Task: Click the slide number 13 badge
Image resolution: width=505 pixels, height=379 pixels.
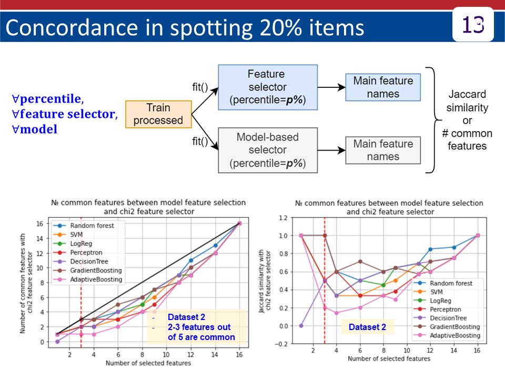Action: pyautogui.click(x=473, y=25)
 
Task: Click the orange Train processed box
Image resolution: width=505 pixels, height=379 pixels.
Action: pyautogui.click(x=158, y=114)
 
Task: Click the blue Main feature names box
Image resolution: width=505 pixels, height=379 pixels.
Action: pyautogui.click(x=383, y=87)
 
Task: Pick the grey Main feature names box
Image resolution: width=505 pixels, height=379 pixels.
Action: pyautogui.click(x=383, y=150)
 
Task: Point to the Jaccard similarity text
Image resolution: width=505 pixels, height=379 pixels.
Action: pyautogui.click(x=467, y=101)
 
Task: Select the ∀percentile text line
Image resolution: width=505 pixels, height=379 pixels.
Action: pyautogui.click(x=48, y=99)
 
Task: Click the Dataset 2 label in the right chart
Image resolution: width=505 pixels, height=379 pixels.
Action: pyautogui.click(x=367, y=327)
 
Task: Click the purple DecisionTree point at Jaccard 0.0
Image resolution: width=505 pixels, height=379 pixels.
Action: pyautogui.click(x=301, y=326)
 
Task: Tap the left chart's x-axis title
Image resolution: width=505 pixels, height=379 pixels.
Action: pyautogui.click(x=148, y=363)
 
